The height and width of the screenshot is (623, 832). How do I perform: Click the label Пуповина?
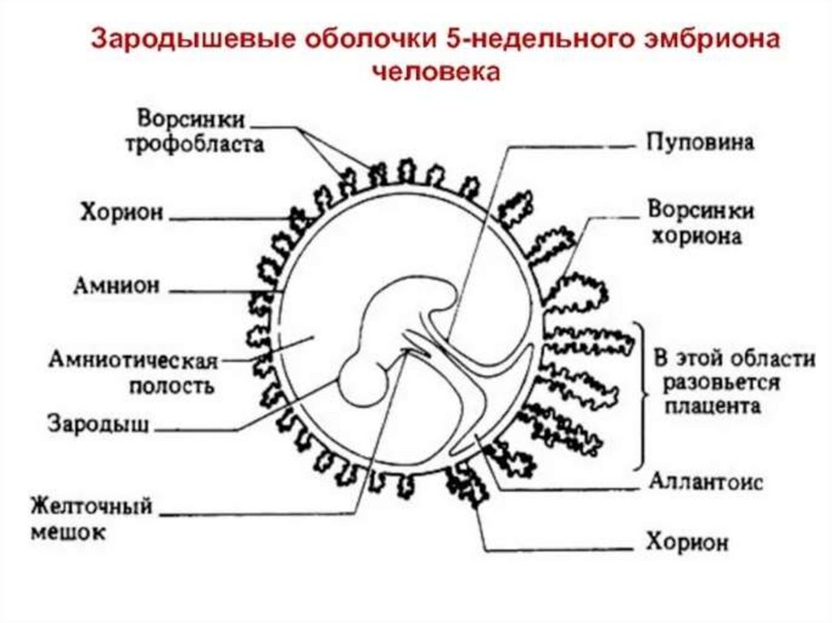(700, 143)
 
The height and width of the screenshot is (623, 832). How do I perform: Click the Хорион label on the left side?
(122, 213)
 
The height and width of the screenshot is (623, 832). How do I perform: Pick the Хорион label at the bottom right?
(687, 543)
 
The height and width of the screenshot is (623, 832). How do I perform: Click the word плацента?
(712, 405)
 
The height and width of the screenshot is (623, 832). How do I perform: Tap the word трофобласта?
(200, 145)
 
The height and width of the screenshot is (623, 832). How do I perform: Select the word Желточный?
(92, 507)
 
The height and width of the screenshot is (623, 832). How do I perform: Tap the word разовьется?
(721, 382)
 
